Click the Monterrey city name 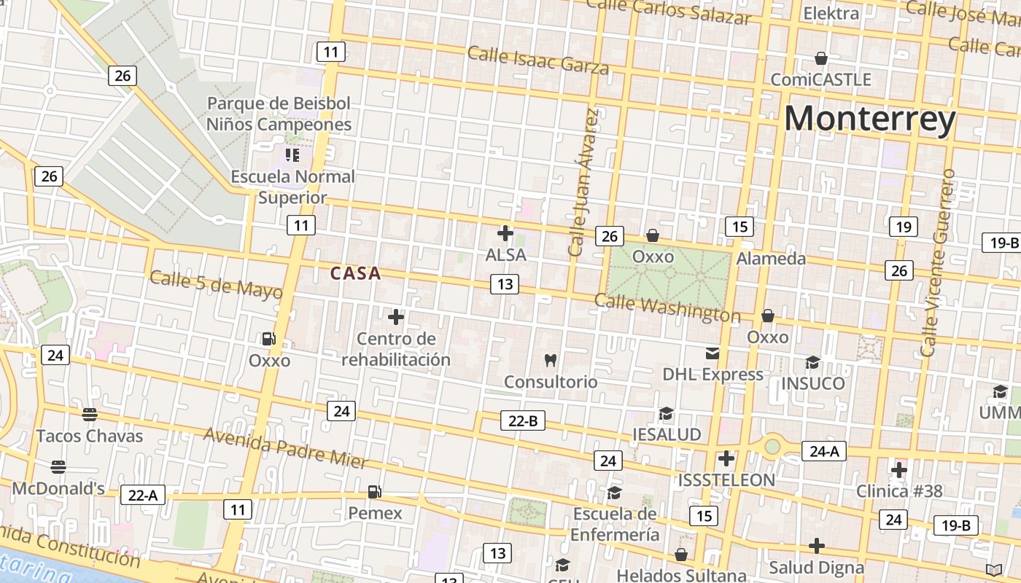(869, 119)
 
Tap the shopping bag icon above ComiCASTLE (821, 58)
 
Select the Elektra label (831, 13)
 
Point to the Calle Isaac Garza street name (538, 60)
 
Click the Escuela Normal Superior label (293, 187)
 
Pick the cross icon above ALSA (505, 233)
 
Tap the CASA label (355, 273)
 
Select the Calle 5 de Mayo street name (216, 284)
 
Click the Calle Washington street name (667, 308)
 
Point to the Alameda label (771, 258)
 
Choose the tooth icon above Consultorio (551, 360)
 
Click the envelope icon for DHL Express (713, 353)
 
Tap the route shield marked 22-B (523, 420)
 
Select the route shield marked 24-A (824, 451)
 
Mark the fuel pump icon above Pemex (374, 492)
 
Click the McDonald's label (58, 488)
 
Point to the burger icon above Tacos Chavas (90, 415)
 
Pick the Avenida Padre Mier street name (285, 447)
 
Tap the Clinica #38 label (899, 490)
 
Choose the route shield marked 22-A (143, 496)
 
